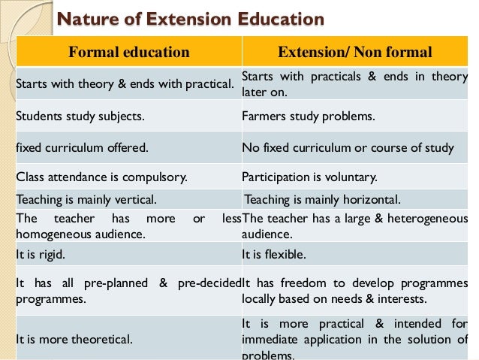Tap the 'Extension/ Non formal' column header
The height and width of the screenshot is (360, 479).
(354, 52)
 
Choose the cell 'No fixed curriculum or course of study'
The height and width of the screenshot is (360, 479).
(348, 148)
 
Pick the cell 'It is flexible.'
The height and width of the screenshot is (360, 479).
(274, 254)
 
